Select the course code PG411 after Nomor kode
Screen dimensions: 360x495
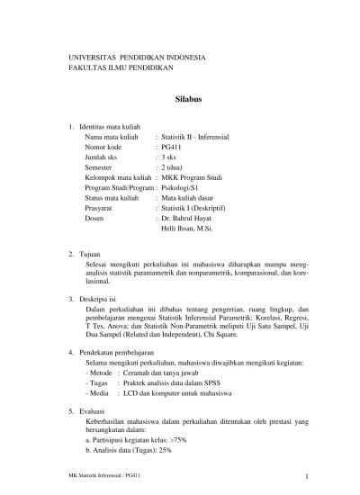[x=172, y=145]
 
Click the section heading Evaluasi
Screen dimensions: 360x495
[x=97, y=409]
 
